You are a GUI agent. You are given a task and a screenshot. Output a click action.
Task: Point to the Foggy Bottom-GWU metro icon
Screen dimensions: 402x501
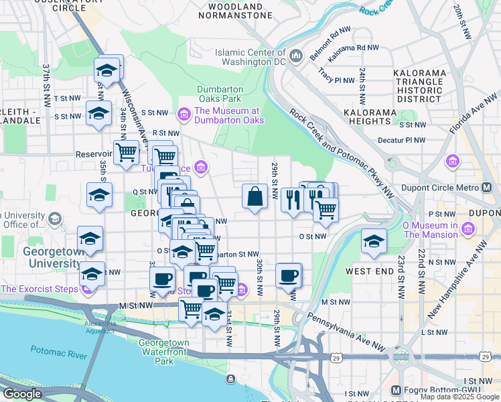395,390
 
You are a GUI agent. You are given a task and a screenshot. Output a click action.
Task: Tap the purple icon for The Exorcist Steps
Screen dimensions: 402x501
86,289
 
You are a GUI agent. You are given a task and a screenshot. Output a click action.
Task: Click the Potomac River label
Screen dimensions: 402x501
58,353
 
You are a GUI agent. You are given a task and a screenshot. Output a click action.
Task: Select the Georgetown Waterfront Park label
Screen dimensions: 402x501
164,352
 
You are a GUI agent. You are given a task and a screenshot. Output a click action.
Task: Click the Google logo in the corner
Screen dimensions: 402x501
22,393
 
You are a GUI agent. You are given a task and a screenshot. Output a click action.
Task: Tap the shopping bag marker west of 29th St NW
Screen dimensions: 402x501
255,197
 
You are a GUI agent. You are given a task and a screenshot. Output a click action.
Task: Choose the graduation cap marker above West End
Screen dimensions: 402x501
374,241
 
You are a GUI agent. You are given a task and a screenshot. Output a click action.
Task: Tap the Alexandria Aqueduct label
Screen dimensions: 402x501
100,326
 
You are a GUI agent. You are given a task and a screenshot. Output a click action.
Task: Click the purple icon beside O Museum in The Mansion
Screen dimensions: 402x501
468,230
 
